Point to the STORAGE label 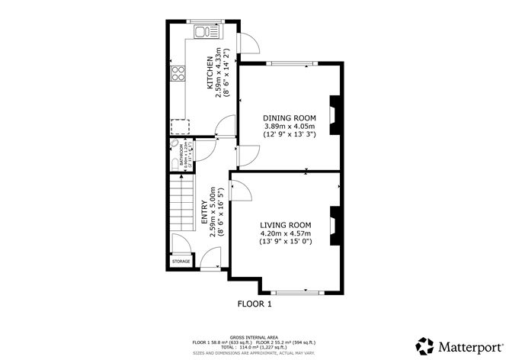click(181, 262)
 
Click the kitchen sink click(203, 32)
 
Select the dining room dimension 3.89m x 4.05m click(289, 126)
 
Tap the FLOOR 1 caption click(254, 304)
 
